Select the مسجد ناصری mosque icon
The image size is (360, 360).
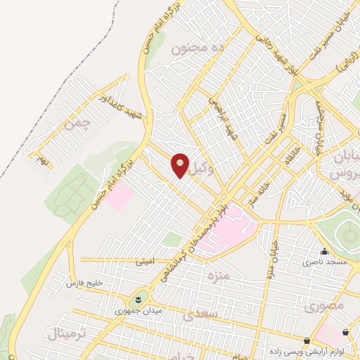pos(324,251)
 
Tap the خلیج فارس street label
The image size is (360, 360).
pos(84,283)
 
